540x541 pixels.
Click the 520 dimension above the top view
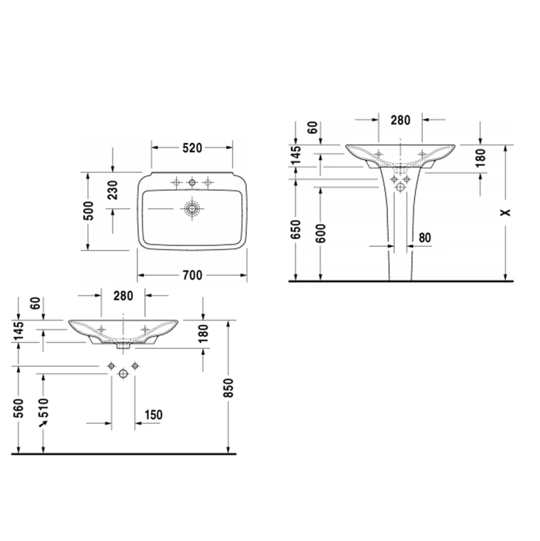(x=192, y=147)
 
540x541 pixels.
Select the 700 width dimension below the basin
(x=192, y=275)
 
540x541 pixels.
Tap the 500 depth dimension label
(x=89, y=211)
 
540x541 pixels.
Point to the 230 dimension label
(x=113, y=190)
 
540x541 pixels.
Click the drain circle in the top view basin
(x=192, y=208)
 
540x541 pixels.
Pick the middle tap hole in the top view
(x=192, y=182)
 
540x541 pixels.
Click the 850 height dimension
(x=228, y=387)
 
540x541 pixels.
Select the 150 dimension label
(x=154, y=414)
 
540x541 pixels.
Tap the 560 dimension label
(x=19, y=407)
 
